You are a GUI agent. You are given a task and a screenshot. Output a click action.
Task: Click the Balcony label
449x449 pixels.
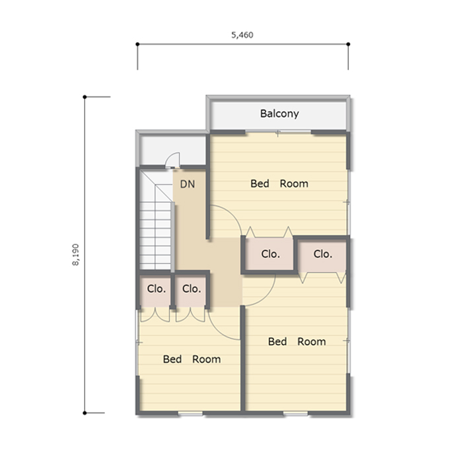[x=279, y=114]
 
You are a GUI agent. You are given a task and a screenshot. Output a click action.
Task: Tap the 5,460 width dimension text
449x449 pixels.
[x=242, y=35]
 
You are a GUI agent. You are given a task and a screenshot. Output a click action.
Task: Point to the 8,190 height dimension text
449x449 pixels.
[x=75, y=255]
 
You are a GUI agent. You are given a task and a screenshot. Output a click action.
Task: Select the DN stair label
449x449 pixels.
[x=188, y=184]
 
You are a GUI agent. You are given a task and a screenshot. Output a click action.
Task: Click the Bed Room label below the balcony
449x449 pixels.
[x=279, y=184]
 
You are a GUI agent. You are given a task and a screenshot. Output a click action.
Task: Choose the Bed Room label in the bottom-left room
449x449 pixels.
[x=192, y=359]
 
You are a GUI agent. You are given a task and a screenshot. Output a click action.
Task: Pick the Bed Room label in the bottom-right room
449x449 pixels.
[x=297, y=341]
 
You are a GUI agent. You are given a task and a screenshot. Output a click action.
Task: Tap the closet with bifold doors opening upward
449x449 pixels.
[x=269, y=254]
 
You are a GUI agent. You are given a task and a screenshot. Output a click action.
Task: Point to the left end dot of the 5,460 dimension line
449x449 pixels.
[x=137, y=44]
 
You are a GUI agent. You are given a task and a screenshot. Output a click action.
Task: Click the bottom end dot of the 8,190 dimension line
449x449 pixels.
[x=85, y=413]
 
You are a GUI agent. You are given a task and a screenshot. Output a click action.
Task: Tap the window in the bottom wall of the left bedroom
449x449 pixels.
[x=190, y=413]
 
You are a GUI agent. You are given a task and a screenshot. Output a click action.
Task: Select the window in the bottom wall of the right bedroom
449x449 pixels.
[x=296, y=413]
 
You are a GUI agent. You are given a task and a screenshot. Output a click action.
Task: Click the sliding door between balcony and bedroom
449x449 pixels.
[x=278, y=131]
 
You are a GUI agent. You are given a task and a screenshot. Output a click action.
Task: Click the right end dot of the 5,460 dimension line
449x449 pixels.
[x=348, y=44]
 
